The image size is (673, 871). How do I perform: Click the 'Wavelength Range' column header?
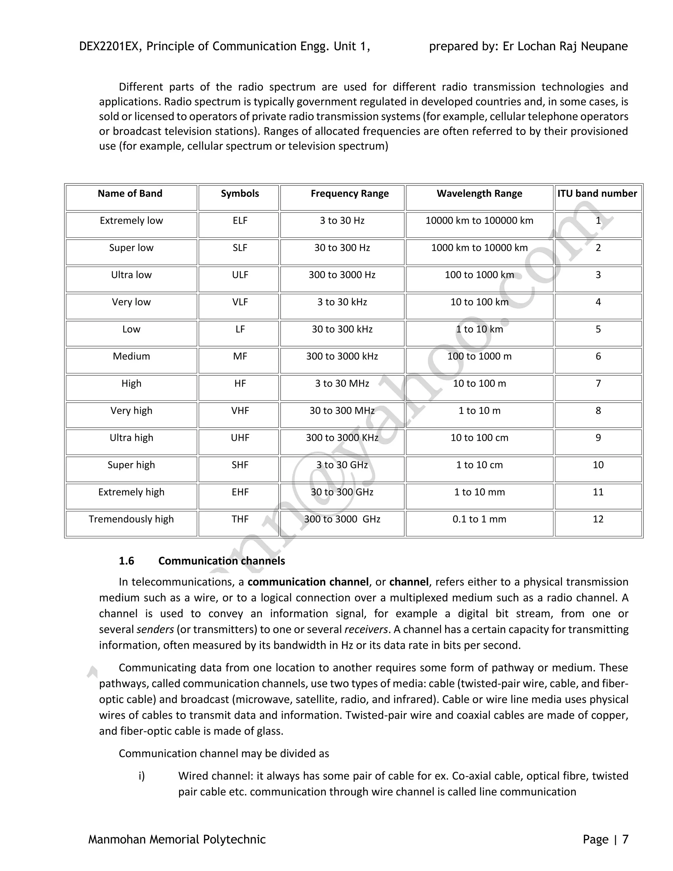pyautogui.click(x=479, y=194)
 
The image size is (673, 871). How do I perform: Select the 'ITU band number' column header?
pyautogui.click(x=597, y=194)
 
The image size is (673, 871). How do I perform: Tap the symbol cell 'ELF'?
pyautogui.click(x=240, y=221)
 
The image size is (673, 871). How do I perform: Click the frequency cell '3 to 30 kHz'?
pyautogui.click(x=342, y=302)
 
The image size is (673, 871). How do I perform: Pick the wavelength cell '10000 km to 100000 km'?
pyautogui.click(x=479, y=221)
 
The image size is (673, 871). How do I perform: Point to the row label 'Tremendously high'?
pyautogui.click(x=131, y=519)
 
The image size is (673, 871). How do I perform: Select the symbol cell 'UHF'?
pyautogui.click(x=240, y=438)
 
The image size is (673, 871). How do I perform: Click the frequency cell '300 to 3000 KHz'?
pyautogui.click(x=342, y=438)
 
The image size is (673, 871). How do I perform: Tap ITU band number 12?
pyautogui.click(x=598, y=519)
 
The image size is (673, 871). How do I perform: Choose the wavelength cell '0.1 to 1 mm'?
pyautogui.click(x=479, y=519)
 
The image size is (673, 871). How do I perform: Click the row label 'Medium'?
pyautogui.click(x=131, y=357)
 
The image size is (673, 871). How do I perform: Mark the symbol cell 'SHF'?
pyautogui.click(x=240, y=465)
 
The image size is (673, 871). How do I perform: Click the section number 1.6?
pyautogui.click(x=127, y=561)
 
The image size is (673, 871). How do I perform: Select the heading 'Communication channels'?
pyautogui.click(x=222, y=561)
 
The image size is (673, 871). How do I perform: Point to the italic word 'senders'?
pyautogui.click(x=155, y=630)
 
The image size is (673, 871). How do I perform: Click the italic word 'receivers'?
pyautogui.click(x=366, y=630)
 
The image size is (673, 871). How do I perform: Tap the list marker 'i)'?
pyautogui.click(x=142, y=776)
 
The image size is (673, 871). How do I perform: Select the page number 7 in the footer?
pyautogui.click(x=625, y=839)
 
